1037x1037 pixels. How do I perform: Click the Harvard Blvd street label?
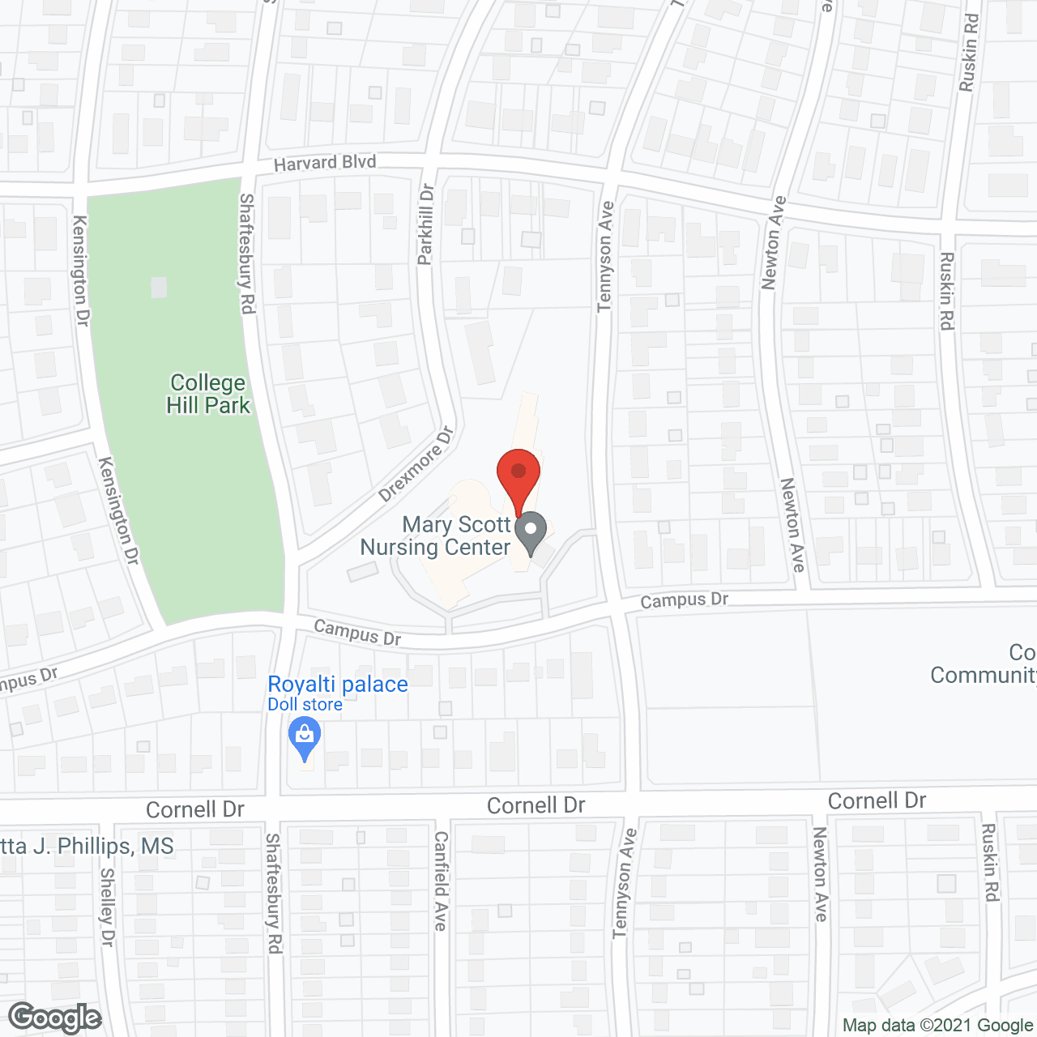[x=325, y=163]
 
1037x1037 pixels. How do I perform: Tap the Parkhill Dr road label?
[x=426, y=224]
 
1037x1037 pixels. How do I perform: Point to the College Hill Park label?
[x=208, y=394]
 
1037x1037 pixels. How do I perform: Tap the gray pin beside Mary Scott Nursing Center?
[x=531, y=532]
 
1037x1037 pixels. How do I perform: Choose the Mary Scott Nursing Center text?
[x=436, y=536]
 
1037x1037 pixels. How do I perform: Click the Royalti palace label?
[x=338, y=685]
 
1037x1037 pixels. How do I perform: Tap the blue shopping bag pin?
[x=305, y=739]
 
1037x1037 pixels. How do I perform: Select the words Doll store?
[x=305, y=705]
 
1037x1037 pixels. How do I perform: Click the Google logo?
[x=55, y=1018]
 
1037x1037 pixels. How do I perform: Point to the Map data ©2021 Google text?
[x=937, y=1026]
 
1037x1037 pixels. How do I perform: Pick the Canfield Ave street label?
[x=441, y=881]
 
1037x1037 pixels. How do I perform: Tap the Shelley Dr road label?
[x=107, y=907]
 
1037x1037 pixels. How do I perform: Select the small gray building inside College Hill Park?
[x=159, y=287]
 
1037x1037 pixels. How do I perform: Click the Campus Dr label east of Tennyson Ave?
[x=685, y=600]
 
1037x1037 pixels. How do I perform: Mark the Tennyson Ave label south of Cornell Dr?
[x=625, y=884]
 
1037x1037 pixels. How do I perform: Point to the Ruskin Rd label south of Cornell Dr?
[x=990, y=863]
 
